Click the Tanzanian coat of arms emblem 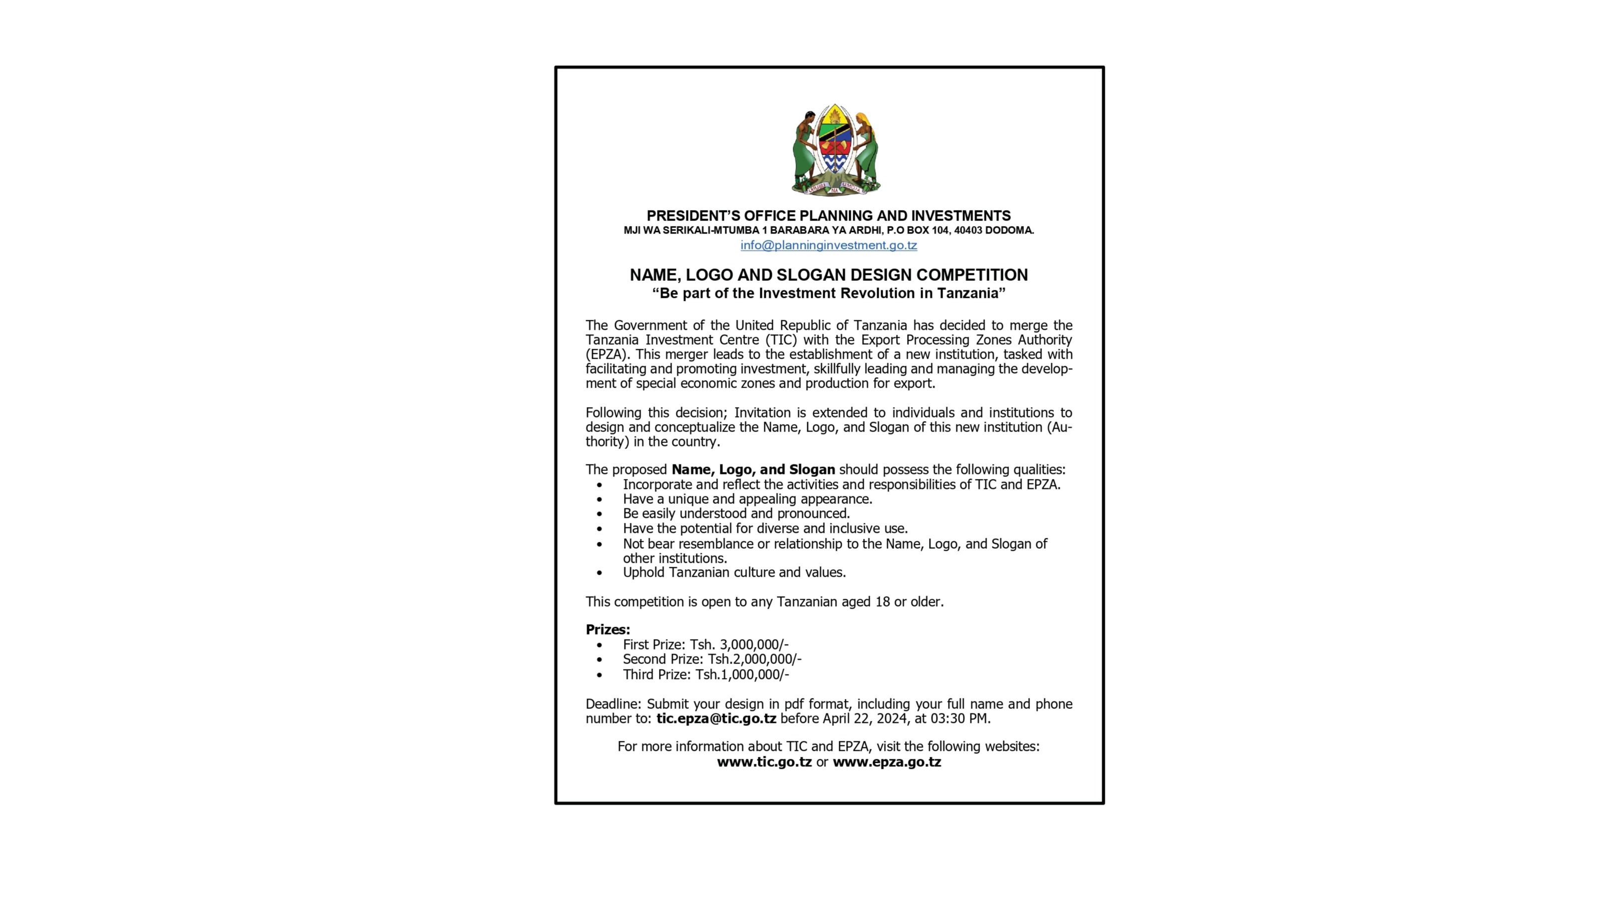(x=835, y=150)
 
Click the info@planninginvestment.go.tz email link (x=828, y=245)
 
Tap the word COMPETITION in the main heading (x=972, y=275)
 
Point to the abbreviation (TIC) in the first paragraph (x=781, y=340)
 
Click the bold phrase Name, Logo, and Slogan (x=753, y=470)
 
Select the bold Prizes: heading (x=608, y=630)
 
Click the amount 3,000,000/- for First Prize (x=754, y=645)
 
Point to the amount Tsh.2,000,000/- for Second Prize (x=754, y=660)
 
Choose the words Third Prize (x=656, y=675)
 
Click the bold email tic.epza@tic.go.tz (x=716, y=719)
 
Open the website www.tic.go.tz (x=764, y=762)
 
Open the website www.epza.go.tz (x=887, y=762)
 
